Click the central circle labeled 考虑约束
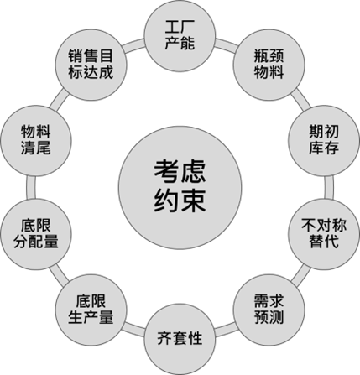click(x=180, y=186)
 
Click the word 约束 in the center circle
click(x=180, y=202)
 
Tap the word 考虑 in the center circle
click(x=180, y=170)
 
